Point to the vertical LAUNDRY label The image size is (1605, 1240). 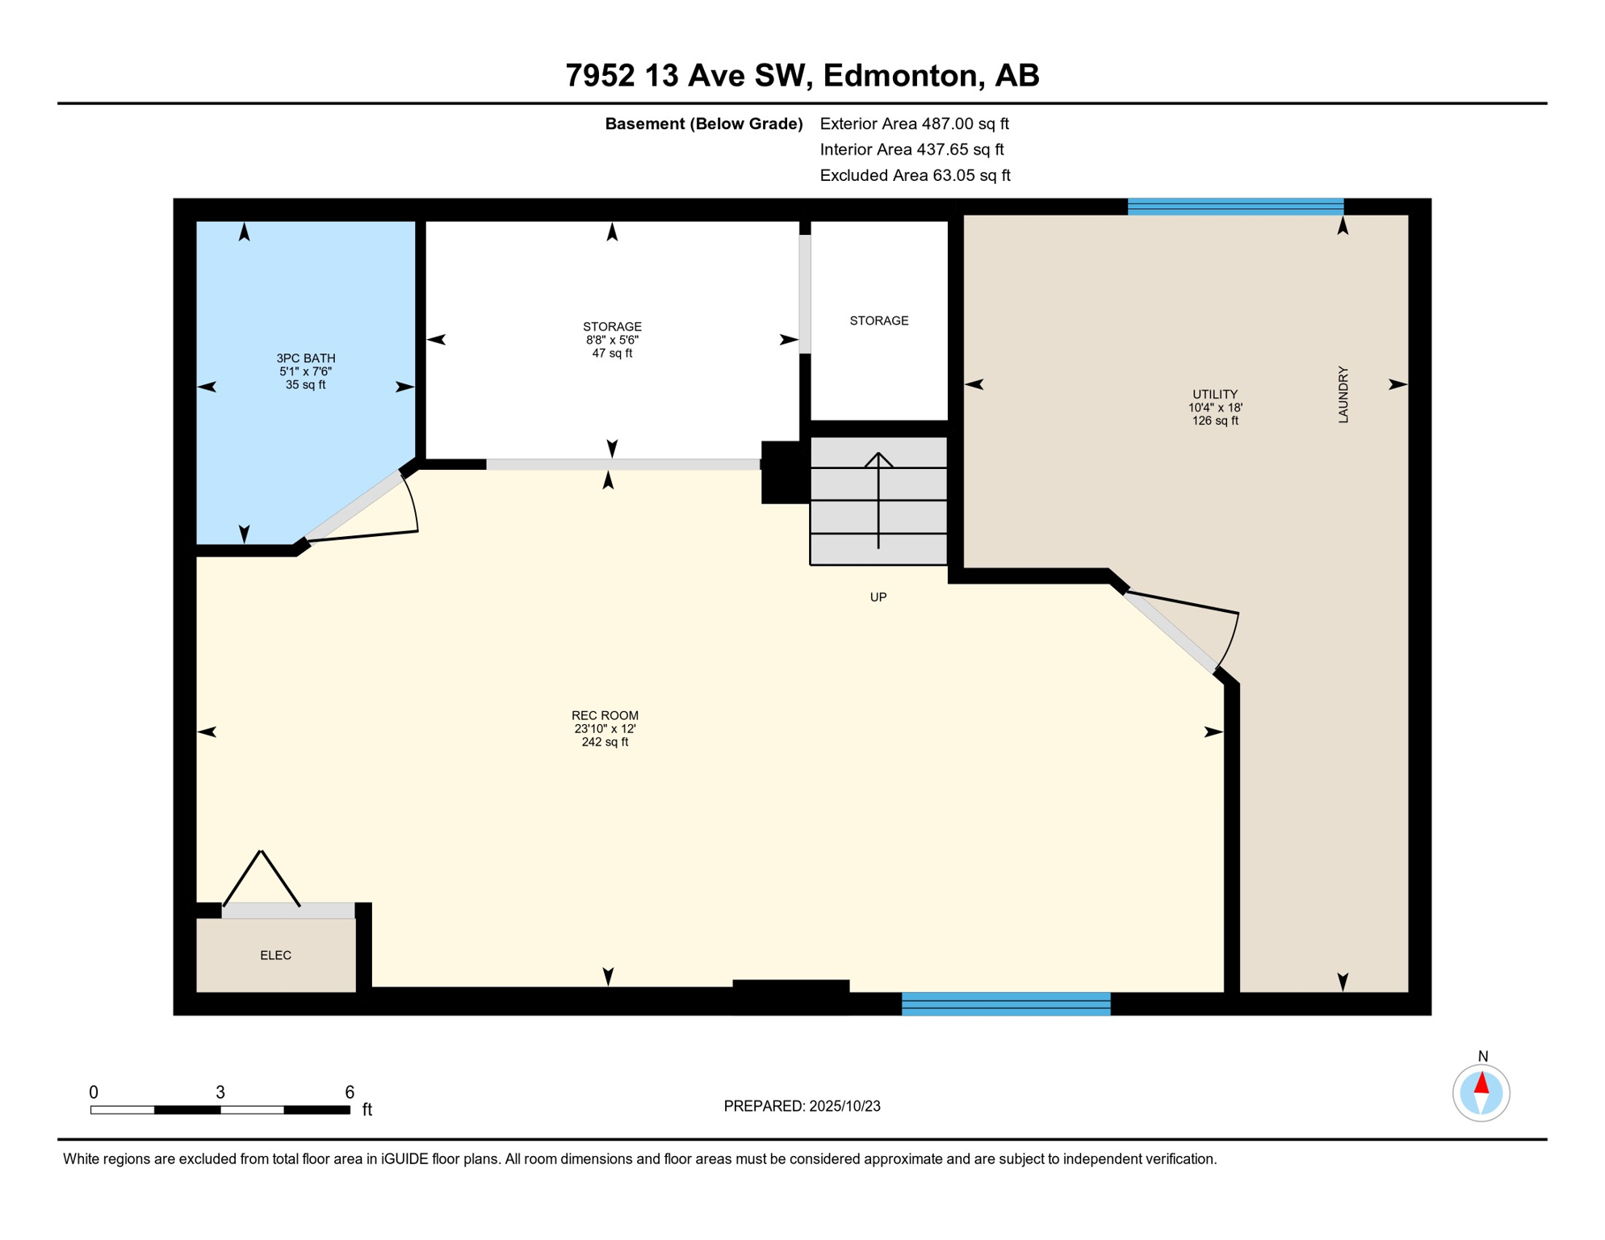(x=1343, y=394)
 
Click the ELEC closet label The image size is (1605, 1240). (x=275, y=955)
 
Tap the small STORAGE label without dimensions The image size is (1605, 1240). (x=879, y=320)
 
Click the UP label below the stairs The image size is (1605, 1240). (x=878, y=597)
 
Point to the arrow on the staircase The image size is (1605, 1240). (x=878, y=501)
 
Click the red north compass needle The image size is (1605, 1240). (x=1481, y=1083)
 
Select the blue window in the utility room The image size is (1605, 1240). (x=1235, y=206)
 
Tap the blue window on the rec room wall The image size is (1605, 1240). (x=1006, y=1003)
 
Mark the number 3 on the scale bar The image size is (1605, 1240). (x=220, y=1092)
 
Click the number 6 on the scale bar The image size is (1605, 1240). (x=350, y=1092)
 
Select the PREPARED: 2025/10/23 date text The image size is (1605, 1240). (x=802, y=1106)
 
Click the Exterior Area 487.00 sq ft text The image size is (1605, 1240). (x=914, y=124)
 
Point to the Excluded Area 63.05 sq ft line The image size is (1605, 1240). (x=915, y=175)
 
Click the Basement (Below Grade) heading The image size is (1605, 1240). (x=704, y=124)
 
